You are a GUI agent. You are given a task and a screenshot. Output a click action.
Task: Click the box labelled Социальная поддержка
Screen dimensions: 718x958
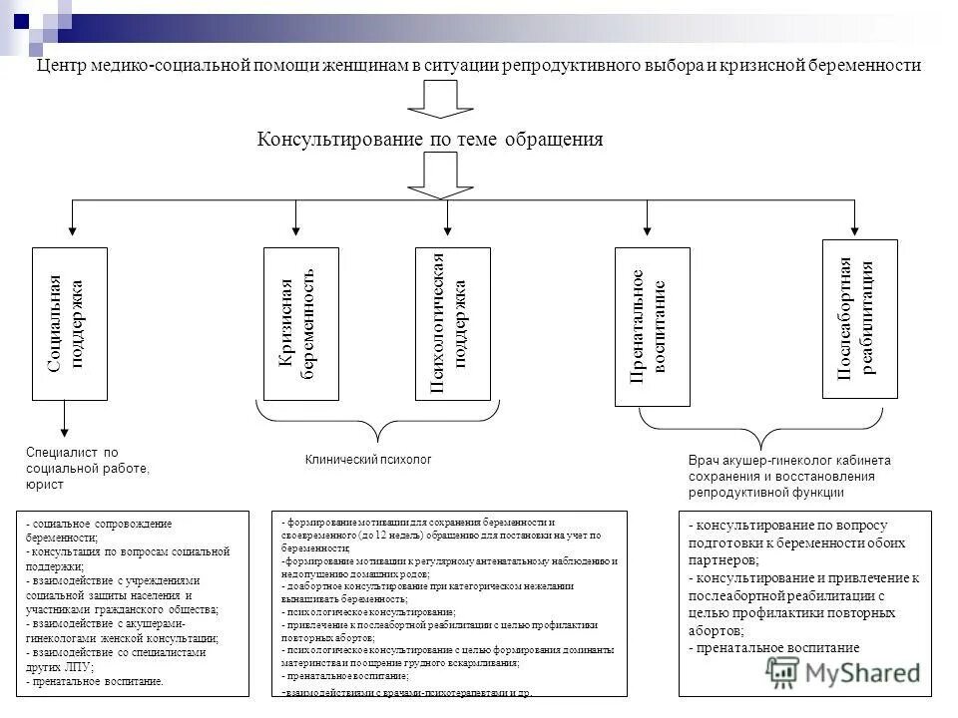coord(70,323)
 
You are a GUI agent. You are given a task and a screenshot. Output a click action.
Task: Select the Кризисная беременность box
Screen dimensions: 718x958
coord(300,323)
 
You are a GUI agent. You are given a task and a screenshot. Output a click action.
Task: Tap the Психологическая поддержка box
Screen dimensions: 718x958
coord(452,323)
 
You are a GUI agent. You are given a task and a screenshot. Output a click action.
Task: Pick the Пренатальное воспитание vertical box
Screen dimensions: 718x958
coord(652,327)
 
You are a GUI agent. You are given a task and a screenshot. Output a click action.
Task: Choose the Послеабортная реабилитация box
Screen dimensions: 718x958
coord(859,319)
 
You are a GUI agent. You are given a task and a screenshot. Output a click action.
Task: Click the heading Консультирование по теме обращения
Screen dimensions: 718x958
coord(430,140)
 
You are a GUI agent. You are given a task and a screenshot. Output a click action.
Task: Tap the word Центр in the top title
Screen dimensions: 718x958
coord(60,66)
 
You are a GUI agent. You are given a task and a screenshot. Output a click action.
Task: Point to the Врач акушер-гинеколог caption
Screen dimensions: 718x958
coord(788,476)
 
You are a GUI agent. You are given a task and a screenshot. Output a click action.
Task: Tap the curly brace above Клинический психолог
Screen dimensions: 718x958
coord(376,425)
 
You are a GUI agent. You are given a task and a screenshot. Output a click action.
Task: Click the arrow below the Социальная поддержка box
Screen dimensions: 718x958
coord(65,419)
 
